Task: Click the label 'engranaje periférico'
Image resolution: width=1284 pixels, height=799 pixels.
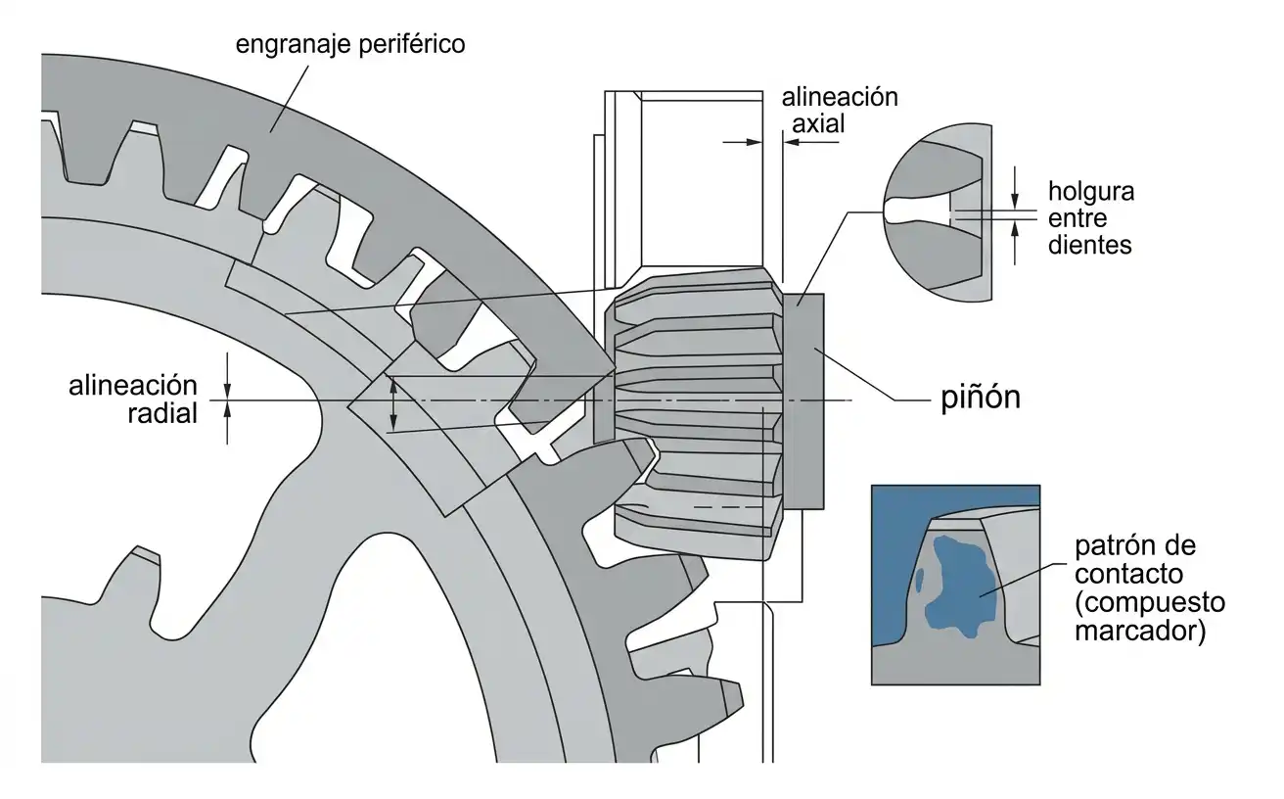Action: pos(350,45)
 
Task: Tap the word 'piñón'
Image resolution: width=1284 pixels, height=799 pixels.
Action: pos(981,398)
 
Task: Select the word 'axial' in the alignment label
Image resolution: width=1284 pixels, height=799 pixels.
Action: pos(818,123)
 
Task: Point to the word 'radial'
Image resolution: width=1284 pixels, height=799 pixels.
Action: pos(162,413)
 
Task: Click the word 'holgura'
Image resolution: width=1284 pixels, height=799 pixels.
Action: pos(1091,192)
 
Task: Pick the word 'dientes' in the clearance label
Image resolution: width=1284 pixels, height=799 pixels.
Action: pos(1089,245)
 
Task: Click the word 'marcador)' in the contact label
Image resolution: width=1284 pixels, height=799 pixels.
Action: pos(1140,631)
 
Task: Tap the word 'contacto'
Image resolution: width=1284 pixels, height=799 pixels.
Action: pos(1128,574)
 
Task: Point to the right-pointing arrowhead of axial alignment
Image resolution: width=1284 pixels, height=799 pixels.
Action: pos(754,142)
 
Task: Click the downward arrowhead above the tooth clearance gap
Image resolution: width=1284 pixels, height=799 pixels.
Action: pos(1015,200)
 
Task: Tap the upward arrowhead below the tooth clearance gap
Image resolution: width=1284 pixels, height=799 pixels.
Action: pos(1015,230)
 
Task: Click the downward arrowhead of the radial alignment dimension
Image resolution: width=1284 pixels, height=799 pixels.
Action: pos(228,390)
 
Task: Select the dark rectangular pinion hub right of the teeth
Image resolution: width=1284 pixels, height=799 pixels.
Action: pos(803,401)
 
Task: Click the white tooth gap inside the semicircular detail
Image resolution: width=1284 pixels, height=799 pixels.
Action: pos(917,211)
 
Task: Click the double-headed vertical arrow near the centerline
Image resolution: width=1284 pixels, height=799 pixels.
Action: pos(393,403)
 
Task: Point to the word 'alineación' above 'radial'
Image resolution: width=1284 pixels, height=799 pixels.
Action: pos(133,386)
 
